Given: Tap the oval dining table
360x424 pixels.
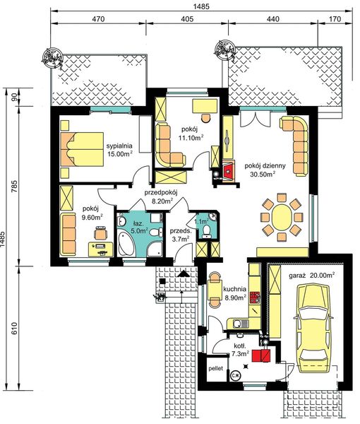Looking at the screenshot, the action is pyautogui.click(x=282, y=217).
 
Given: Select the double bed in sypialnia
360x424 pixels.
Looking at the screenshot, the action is pyautogui.click(x=82, y=149).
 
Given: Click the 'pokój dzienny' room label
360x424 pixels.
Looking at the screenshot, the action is pyautogui.click(x=265, y=166).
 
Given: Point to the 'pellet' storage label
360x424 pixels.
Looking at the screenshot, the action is pyautogui.click(x=215, y=368).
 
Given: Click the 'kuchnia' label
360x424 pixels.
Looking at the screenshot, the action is pyautogui.click(x=234, y=289).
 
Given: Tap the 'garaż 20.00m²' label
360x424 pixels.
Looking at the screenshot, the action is pyautogui.click(x=312, y=276).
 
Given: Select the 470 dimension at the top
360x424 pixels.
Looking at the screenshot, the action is pyautogui.click(x=98, y=19).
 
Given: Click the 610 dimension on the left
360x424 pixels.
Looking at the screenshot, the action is pyautogui.click(x=14, y=328).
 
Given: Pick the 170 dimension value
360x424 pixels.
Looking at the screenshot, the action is pyautogui.click(x=335, y=19).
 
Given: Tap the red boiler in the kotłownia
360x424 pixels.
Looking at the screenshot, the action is pyautogui.click(x=261, y=355).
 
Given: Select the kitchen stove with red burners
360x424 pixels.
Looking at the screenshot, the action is pyautogui.click(x=255, y=298).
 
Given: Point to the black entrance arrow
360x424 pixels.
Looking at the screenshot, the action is pyautogui.click(x=184, y=273).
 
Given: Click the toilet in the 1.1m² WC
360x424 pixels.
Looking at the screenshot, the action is pyautogui.click(x=207, y=230).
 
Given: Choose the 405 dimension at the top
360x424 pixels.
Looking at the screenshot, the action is pyautogui.click(x=187, y=19).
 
